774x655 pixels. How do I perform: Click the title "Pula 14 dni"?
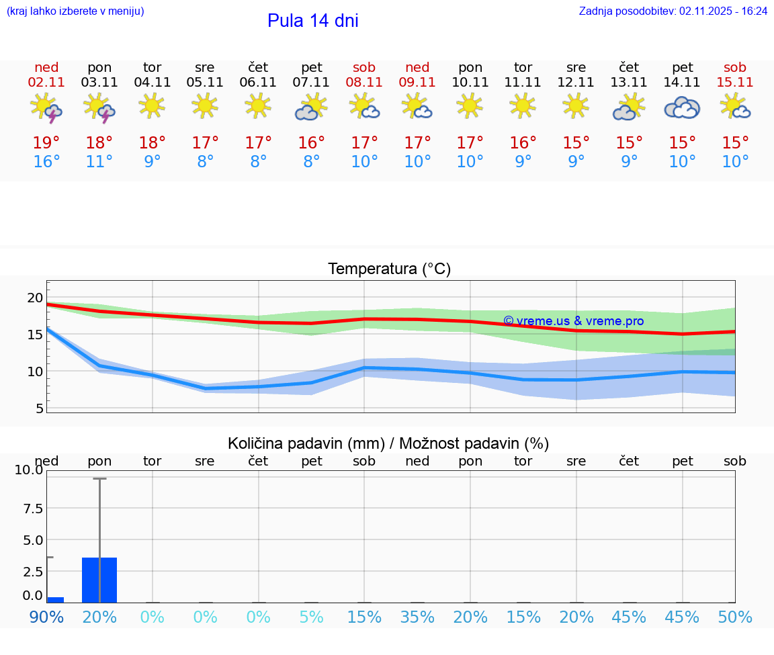tap(312, 21)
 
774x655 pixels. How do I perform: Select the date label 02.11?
tap(46, 83)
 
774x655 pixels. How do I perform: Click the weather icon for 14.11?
tap(682, 107)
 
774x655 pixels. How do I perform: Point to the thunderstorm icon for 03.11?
tap(99, 107)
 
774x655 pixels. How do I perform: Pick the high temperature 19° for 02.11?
tap(46, 143)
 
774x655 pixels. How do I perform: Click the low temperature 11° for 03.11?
tap(99, 162)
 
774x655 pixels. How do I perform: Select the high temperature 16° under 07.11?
tap(312, 143)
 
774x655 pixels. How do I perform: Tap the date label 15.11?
tap(735, 83)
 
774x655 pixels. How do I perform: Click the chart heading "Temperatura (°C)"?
tap(389, 269)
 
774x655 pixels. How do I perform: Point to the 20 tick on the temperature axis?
tap(35, 298)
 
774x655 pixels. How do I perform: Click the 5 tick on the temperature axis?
tap(39, 408)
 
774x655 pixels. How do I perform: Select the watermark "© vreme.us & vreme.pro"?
tap(573, 321)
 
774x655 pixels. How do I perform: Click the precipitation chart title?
tap(388, 443)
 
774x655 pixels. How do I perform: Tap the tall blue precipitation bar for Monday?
tap(99, 580)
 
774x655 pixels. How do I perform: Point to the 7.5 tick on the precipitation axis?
tap(29, 508)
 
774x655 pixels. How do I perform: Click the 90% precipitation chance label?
tap(46, 617)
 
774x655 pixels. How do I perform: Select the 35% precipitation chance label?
tap(417, 617)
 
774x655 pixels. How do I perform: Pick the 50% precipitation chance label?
tap(735, 617)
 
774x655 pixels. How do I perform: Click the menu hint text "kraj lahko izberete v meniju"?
tap(75, 11)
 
